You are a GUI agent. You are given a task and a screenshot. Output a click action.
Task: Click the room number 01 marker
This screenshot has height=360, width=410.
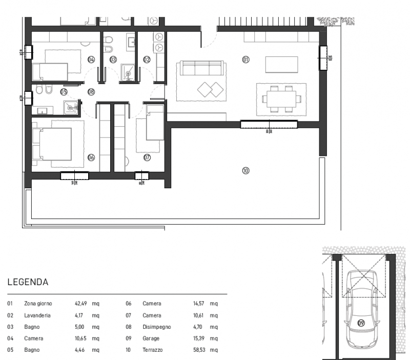click(x=245, y=59)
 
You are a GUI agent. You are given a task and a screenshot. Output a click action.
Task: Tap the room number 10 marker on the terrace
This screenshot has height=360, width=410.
click(x=245, y=171)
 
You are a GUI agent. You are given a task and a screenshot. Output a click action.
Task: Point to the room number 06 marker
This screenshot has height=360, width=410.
click(x=91, y=157)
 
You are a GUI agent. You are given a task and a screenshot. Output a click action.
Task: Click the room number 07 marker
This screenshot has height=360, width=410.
click(x=147, y=157)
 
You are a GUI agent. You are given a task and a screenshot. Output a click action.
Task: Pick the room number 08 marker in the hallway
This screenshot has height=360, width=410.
click(x=91, y=92)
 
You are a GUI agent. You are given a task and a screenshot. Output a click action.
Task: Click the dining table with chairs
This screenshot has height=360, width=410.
click(x=281, y=98)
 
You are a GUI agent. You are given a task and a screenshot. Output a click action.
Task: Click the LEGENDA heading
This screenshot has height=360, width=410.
click(x=28, y=282)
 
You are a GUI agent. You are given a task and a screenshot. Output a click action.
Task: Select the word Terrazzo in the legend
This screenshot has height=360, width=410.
click(x=153, y=350)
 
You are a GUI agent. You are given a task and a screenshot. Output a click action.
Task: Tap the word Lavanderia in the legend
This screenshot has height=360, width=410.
click(x=37, y=315)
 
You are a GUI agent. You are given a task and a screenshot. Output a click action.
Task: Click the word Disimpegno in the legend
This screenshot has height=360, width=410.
click(x=156, y=327)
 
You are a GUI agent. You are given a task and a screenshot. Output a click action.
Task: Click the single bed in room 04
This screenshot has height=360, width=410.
click(x=51, y=70)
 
